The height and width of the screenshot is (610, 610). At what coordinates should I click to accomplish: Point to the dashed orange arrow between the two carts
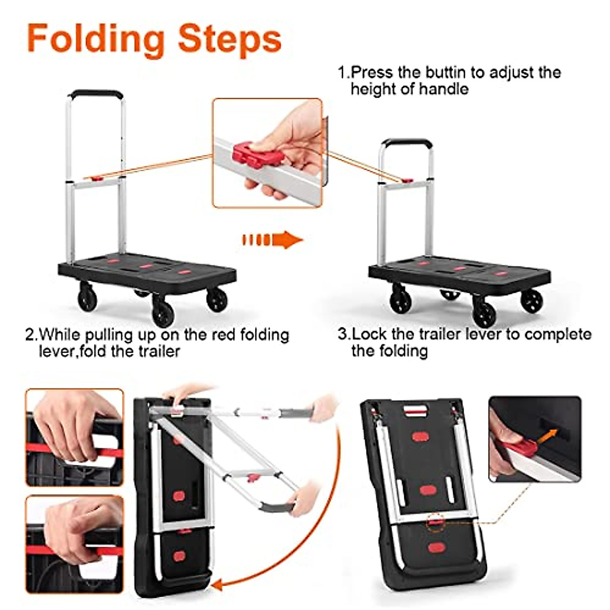272,239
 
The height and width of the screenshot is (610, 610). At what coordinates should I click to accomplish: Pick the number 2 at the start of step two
30,335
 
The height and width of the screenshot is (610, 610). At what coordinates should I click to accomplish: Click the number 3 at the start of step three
343,334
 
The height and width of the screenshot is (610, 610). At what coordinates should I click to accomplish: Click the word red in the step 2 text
206,335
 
